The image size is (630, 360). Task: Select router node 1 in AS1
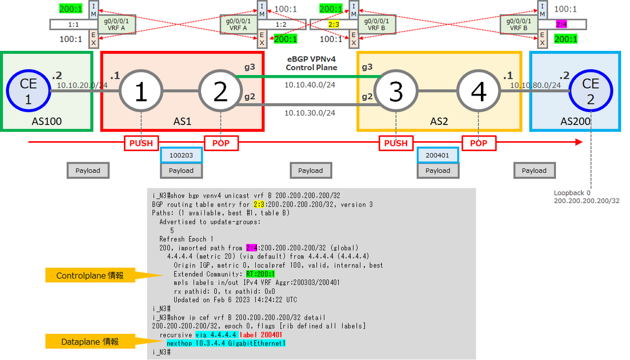tap(141, 91)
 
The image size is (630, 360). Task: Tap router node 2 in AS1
tap(220, 91)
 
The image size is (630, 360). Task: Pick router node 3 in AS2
tap(396, 91)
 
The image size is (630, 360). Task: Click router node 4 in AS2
tap(478, 91)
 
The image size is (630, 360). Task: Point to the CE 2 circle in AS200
tap(591, 91)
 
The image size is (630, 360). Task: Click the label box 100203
tap(181, 155)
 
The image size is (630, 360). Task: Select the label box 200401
tap(438, 155)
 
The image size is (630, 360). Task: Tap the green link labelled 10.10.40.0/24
tap(310, 77)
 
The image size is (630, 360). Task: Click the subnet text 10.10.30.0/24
tap(310, 112)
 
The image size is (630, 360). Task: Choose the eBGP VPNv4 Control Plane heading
tap(311, 63)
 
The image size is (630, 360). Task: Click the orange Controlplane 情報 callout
tap(90, 275)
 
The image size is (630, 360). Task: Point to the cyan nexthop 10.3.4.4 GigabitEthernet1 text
tap(226, 343)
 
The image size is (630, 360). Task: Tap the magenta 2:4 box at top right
tap(561, 24)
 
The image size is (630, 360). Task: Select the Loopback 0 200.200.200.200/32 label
tap(586, 197)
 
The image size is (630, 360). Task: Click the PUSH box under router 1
tap(141, 143)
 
